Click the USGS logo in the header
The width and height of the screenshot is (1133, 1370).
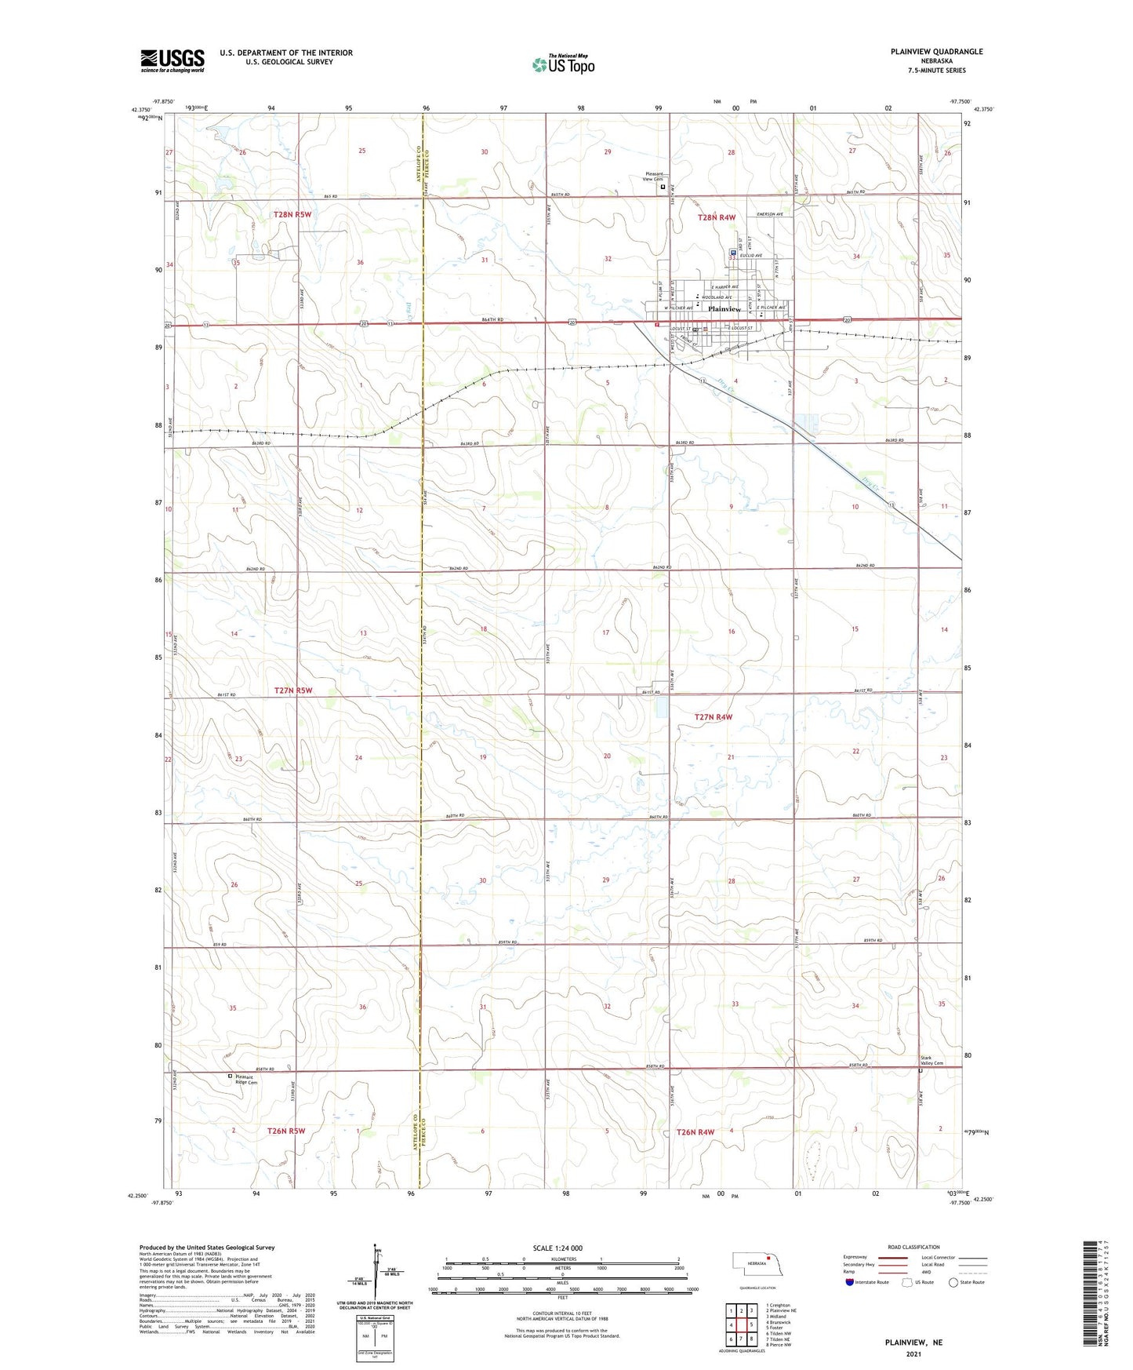coord(172,60)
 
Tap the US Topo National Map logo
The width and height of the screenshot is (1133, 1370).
coord(563,64)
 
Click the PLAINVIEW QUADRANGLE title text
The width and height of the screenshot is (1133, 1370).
coord(936,52)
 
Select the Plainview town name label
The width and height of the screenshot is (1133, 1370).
coord(724,309)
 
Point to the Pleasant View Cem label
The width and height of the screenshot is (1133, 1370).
coord(653,177)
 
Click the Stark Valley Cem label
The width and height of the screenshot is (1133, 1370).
coord(931,1060)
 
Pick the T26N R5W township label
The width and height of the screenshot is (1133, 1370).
coord(285,1131)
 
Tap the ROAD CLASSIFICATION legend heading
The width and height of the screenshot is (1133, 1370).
coord(913,1247)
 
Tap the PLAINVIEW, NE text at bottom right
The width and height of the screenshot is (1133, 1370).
coord(913,1343)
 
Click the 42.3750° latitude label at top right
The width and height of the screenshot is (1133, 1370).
coord(984,110)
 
